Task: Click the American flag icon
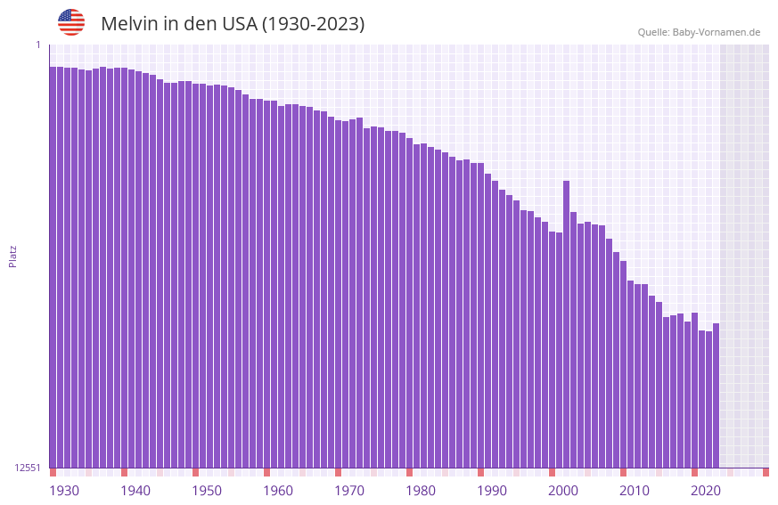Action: click(71, 22)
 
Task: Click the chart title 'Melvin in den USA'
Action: click(233, 24)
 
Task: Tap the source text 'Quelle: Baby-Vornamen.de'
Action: click(699, 32)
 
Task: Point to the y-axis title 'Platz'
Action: click(12, 256)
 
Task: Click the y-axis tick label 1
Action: click(38, 45)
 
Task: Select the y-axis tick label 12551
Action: click(28, 468)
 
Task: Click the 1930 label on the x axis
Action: click(64, 491)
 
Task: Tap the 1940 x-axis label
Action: click(135, 491)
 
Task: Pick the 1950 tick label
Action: click(207, 491)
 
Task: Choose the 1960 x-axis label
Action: click(278, 491)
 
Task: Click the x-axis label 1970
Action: click(349, 491)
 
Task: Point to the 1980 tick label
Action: click(421, 491)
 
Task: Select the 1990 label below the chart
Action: click(492, 491)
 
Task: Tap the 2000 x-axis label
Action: click(563, 491)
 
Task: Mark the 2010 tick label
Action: click(635, 491)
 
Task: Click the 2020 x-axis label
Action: click(706, 491)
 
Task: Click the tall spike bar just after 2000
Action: click(566, 321)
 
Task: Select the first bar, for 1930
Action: click(53, 267)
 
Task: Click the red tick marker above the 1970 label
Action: click(338, 472)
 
